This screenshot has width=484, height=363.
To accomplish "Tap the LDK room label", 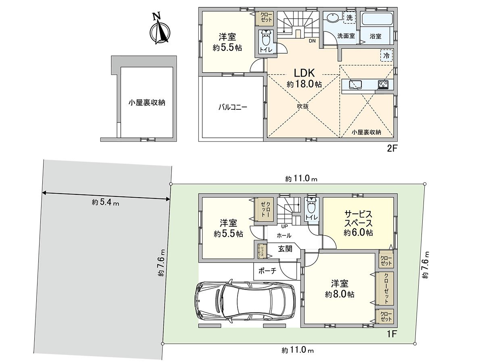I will point(304,78).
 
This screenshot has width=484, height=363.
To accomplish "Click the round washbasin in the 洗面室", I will point(333,18).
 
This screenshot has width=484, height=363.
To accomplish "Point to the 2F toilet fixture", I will point(265,40).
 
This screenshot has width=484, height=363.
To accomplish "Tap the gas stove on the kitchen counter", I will point(383,84).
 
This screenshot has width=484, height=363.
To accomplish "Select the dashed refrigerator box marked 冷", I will point(386,55).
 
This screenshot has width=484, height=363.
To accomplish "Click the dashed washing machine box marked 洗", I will point(349,17).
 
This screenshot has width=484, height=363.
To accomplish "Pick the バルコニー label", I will point(233,107).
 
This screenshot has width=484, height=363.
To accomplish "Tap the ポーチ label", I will point(267,271).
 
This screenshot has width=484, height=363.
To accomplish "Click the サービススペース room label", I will point(358,223).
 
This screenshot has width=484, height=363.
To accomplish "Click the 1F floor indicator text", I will point(392,334).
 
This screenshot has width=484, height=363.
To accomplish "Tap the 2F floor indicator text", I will point(392,148).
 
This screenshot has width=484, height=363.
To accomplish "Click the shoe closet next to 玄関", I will point(261,250).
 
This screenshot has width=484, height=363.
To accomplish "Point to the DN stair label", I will point(312,41).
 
